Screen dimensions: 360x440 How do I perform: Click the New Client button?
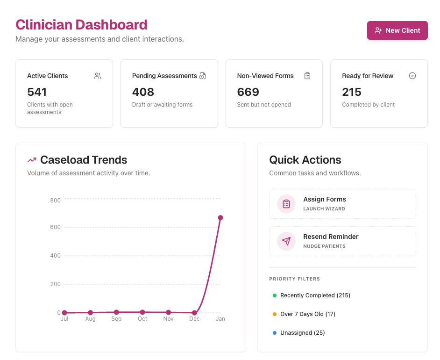tap(397, 30)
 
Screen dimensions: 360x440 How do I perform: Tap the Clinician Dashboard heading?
tap(81, 24)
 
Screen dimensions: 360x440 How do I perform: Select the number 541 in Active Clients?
tap(37, 92)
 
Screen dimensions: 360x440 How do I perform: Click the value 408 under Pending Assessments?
tap(143, 92)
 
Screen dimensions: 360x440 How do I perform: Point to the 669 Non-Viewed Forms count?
tap(248, 92)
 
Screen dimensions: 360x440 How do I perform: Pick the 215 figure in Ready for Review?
tap(352, 92)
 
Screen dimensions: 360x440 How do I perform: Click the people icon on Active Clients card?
tap(98, 76)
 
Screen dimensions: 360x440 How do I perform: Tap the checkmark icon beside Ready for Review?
tap(412, 76)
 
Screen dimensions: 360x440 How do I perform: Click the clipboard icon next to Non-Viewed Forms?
tap(307, 76)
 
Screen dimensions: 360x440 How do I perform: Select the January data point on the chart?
tap(220, 218)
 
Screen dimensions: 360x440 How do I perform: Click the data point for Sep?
tap(116, 312)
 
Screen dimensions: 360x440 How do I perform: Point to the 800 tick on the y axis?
tap(56, 201)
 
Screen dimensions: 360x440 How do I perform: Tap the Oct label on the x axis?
tap(142, 319)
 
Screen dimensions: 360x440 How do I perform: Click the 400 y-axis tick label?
tap(56, 256)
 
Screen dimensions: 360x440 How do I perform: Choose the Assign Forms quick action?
tap(342, 204)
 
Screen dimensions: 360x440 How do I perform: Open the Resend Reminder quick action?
tap(342, 241)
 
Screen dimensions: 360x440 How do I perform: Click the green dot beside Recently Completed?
tap(275, 295)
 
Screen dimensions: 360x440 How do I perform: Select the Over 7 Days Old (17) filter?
tap(308, 314)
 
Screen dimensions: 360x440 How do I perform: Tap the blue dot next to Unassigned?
tap(275, 333)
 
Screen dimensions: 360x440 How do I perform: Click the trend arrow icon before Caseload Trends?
tap(32, 160)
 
